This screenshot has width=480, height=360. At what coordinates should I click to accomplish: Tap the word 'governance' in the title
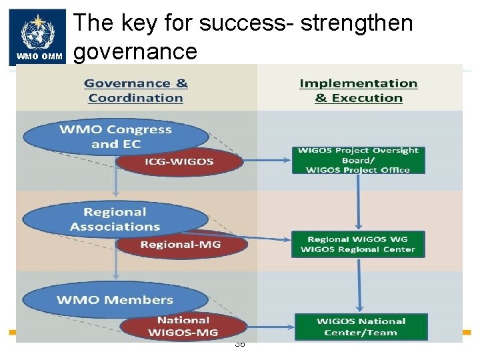tap(135, 51)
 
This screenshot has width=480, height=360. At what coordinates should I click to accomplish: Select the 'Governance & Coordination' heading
tap(136, 91)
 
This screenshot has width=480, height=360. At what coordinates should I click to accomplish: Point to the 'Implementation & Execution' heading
tap(359, 91)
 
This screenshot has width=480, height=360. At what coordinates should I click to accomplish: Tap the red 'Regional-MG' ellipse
tap(181, 245)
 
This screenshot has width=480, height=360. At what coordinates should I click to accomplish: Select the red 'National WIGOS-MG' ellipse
tap(183, 325)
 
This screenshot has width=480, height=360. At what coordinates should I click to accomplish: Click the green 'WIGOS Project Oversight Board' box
tap(359, 160)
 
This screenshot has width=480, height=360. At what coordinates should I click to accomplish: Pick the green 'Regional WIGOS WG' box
tap(359, 244)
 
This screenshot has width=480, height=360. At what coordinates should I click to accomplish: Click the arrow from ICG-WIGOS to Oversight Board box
tap(267, 161)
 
